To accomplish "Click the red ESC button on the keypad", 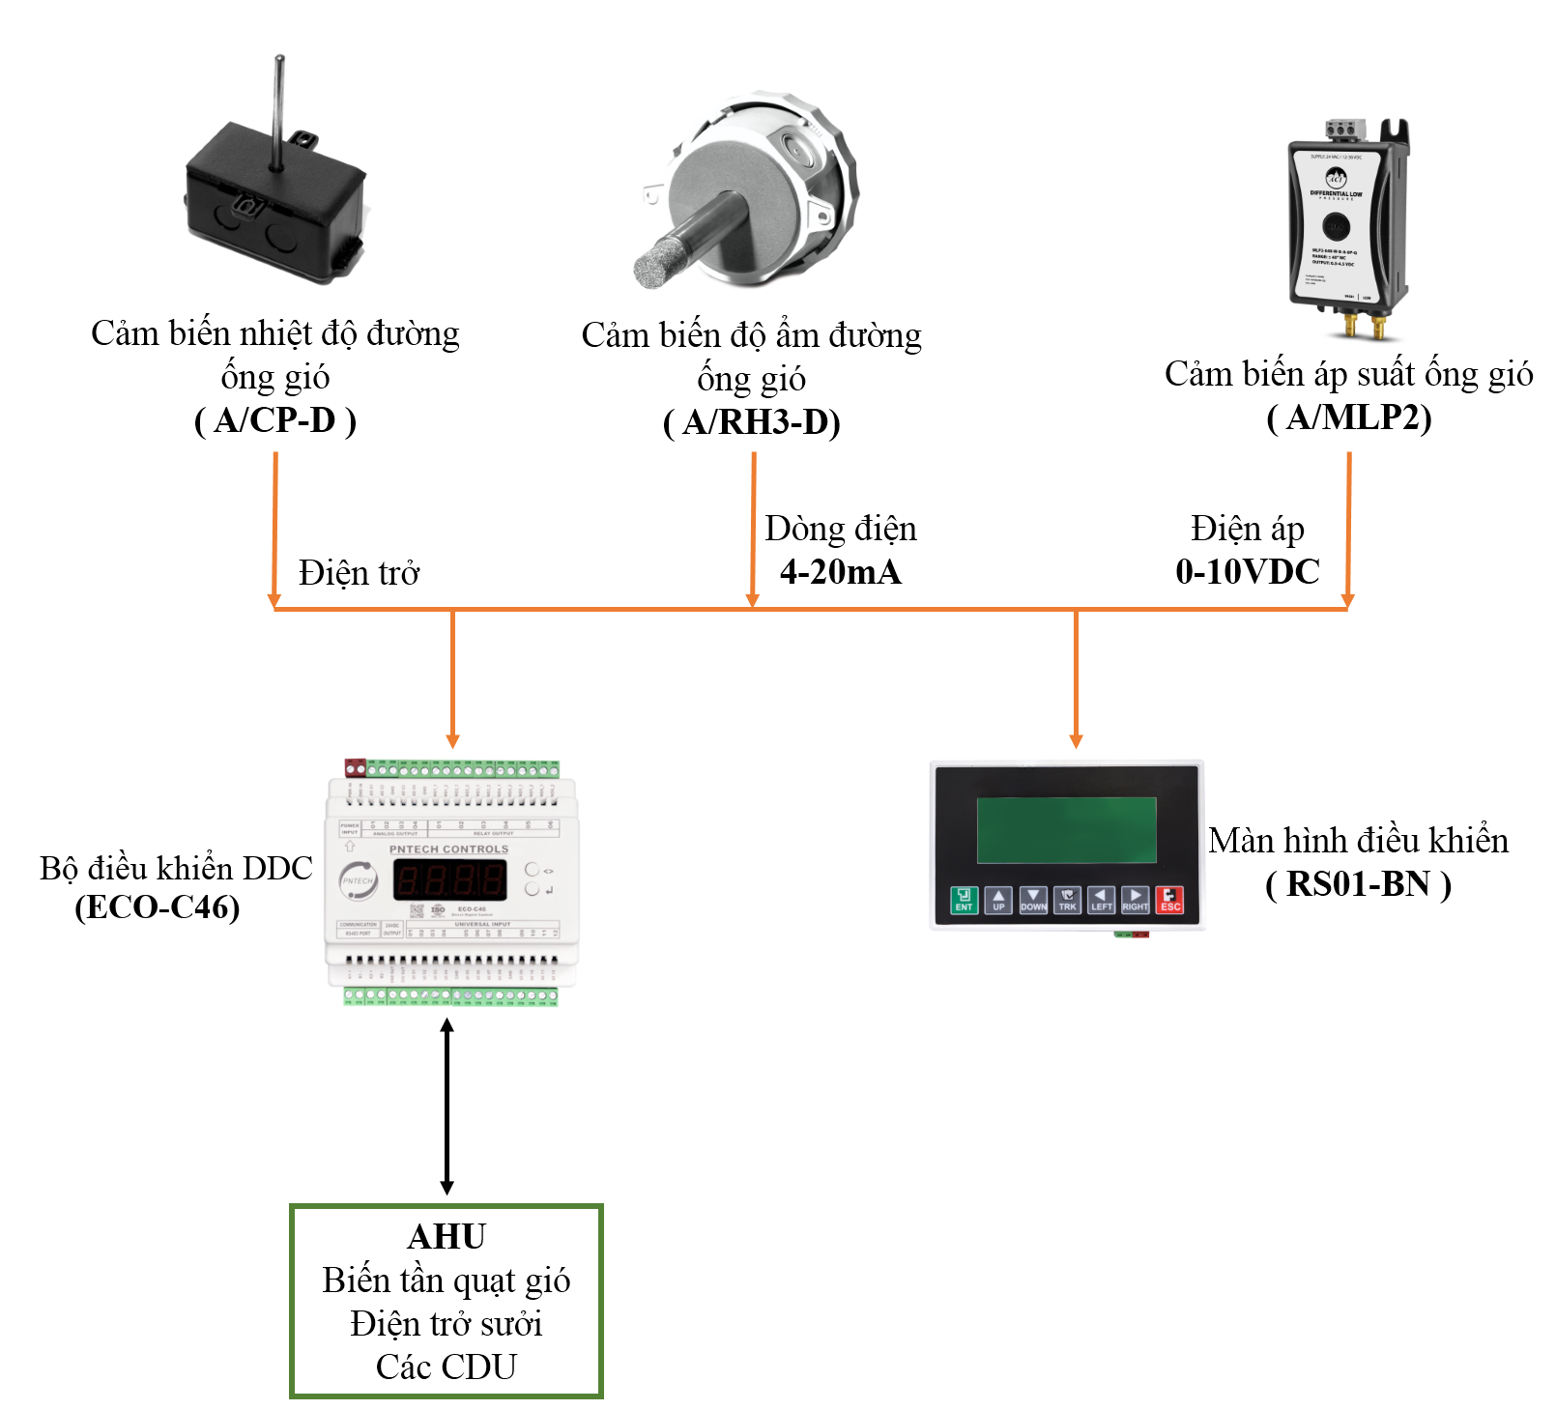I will coord(1169,900).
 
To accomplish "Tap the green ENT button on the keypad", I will coord(964,900).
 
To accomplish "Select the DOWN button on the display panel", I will coord(1033,900).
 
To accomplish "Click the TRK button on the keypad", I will coord(1067,900).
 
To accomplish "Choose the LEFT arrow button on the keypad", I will coord(1101,900).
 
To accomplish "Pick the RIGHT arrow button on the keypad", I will coord(1135,900).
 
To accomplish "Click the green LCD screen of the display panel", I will coord(1066,830).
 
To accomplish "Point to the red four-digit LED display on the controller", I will coord(449,880).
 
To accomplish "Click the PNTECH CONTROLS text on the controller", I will coord(448,849).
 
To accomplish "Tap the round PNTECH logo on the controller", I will coord(357,880).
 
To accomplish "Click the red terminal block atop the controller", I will coord(355,767).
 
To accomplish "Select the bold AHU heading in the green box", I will coord(447,1237).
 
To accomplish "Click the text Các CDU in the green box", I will coord(447,1367).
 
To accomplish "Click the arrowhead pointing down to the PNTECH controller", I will coord(452,741).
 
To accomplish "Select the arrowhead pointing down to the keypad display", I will coord(1076,741).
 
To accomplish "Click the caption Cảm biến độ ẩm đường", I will coord(751,335).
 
